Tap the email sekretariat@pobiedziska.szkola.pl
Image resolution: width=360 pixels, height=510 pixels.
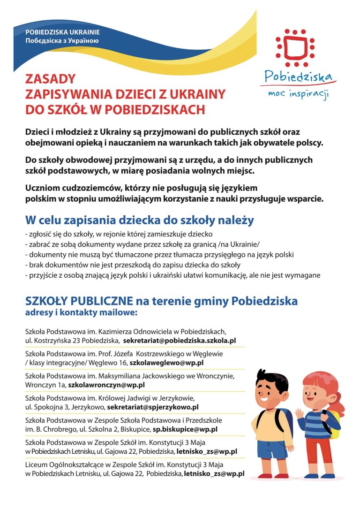point(180,340)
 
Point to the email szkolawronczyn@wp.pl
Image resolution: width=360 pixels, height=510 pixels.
point(106,385)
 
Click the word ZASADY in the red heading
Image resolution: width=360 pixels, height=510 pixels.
point(50,78)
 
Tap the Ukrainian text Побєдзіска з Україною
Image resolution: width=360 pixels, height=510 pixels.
point(62,41)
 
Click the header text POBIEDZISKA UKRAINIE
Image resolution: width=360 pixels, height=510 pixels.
point(63,32)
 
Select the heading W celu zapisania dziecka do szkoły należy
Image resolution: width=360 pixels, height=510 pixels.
point(139,220)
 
